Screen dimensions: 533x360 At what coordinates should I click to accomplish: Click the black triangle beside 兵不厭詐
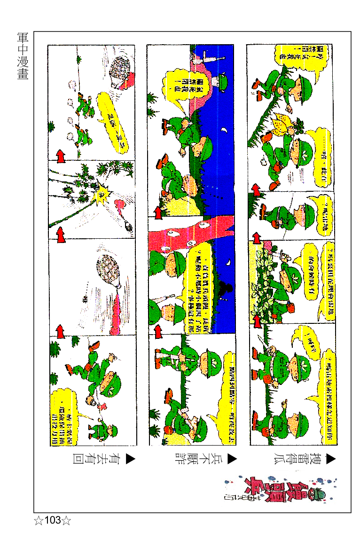(x=231, y=459)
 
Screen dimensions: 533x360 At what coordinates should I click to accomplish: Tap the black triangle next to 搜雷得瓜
(x=331, y=459)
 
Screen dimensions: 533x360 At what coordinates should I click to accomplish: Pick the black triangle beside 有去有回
(x=130, y=459)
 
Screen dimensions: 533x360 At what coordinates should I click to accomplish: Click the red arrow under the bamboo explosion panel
(x=60, y=234)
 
